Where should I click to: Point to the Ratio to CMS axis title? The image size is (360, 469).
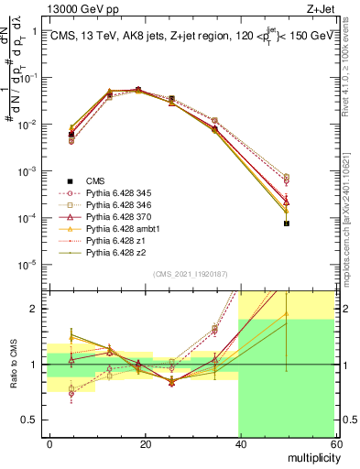pos(13,365)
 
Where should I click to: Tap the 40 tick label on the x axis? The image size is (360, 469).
pos(240,442)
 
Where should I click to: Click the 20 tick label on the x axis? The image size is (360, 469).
pos(145,442)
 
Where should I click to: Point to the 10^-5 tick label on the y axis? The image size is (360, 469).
pos(29,266)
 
